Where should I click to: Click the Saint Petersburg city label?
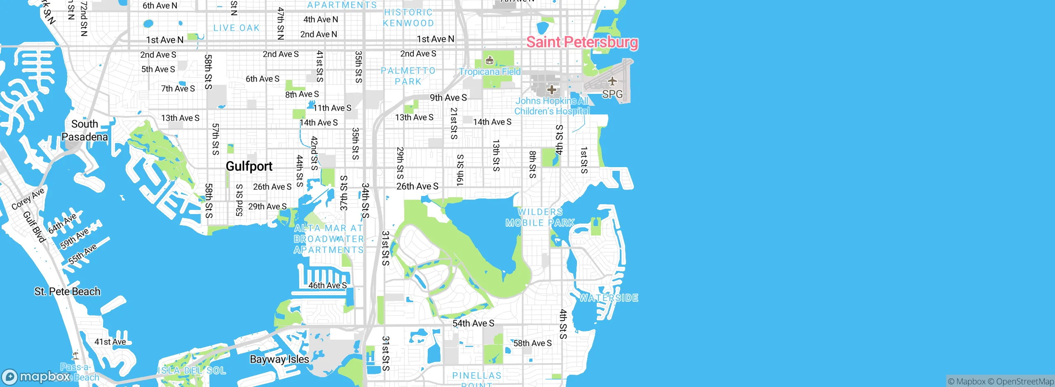(x=582, y=42)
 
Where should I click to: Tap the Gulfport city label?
(x=249, y=166)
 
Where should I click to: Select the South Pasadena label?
(x=84, y=130)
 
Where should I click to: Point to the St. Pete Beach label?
(x=67, y=291)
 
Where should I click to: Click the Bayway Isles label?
(x=279, y=359)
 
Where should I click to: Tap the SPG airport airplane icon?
(x=612, y=81)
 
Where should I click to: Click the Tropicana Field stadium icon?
(x=489, y=61)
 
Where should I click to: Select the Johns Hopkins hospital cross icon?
(x=551, y=89)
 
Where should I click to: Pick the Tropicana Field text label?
(x=490, y=72)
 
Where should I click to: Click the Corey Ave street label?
(x=28, y=199)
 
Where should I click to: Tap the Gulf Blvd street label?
(x=34, y=227)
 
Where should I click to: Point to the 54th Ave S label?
(x=473, y=323)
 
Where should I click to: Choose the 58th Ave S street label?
(x=532, y=343)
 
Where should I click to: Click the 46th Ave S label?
(x=328, y=285)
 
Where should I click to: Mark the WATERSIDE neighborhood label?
(x=609, y=298)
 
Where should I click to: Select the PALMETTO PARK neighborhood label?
(x=408, y=76)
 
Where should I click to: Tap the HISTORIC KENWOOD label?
(x=408, y=18)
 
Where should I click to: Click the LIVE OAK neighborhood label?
(x=237, y=28)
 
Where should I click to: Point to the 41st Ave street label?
(x=110, y=342)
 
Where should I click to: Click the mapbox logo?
(x=36, y=376)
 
